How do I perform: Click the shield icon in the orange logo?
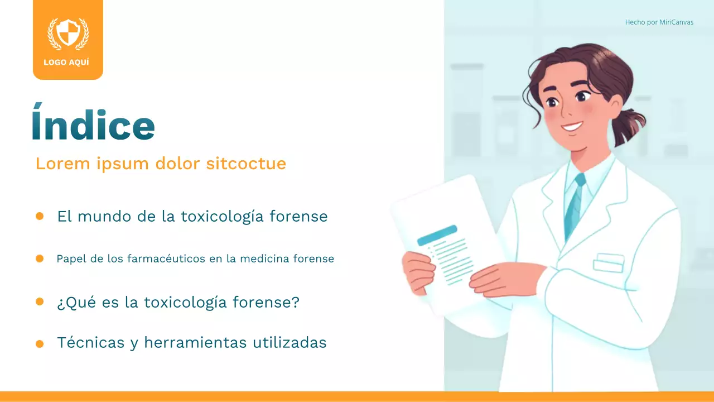[68, 33]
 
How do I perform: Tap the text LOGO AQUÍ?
[66, 63]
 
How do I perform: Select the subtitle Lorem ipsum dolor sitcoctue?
[161, 164]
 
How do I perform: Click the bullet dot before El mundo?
[40, 216]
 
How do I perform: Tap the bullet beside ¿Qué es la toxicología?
[40, 301]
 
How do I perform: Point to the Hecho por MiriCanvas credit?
[659, 22]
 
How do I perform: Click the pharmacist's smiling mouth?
[572, 126]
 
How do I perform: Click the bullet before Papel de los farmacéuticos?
[40, 259]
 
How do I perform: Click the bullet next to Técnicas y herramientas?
[40, 344]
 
